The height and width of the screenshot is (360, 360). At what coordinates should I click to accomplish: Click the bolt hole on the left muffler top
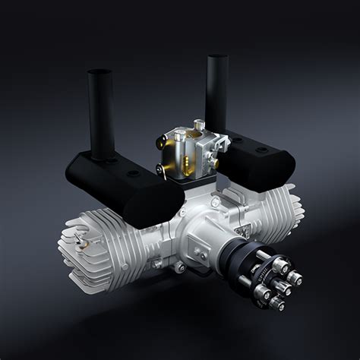[134, 173]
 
